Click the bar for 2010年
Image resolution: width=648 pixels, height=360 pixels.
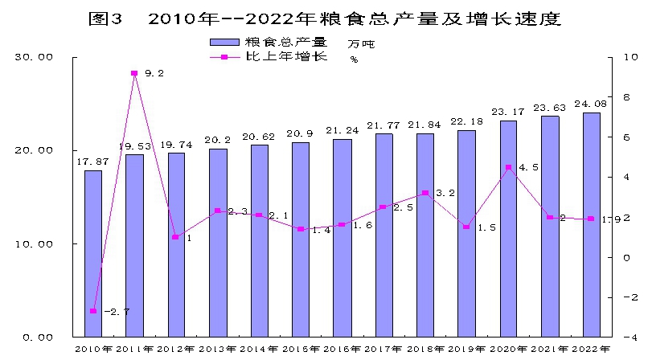[x=93, y=253]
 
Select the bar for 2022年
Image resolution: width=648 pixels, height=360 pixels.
[x=591, y=224]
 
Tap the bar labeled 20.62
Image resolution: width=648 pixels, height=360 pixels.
[x=259, y=240]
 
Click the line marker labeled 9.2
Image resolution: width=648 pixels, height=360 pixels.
[x=134, y=73]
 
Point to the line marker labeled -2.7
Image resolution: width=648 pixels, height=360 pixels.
[x=93, y=311]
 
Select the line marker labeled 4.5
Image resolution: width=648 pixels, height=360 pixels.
[x=508, y=167]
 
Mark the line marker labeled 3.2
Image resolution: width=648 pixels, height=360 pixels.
[x=425, y=193]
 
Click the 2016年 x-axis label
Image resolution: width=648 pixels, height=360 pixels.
[x=342, y=349]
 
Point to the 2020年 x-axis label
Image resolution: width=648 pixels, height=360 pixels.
[x=508, y=349]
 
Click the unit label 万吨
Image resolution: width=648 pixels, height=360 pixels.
[x=362, y=43]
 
